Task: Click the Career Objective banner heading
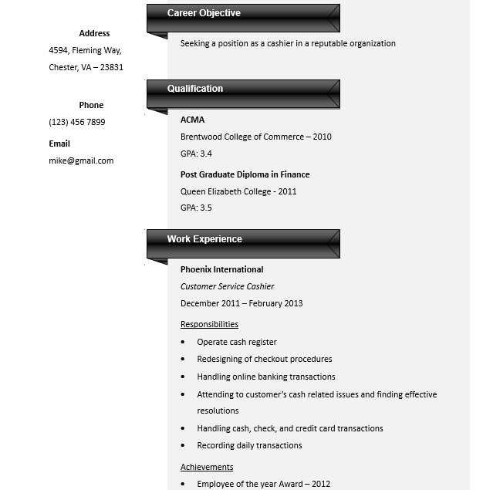[x=204, y=13]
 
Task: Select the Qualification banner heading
[x=195, y=89]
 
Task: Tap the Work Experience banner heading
[x=204, y=239]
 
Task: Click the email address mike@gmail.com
[x=81, y=161]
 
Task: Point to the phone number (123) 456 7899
[x=77, y=122]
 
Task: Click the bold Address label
[x=94, y=33]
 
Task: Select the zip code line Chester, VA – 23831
[x=86, y=67]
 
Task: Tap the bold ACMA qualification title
[x=192, y=120]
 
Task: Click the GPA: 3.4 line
[x=196, y=154]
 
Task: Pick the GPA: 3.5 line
[x=196, y=208]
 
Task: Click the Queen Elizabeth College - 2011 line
[x=238, y=191]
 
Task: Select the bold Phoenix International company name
[x=221, y=269]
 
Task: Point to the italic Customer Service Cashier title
[x=227, y=286]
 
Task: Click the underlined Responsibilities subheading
[x=209, y=324]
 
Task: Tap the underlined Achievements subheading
[x=207, y=467]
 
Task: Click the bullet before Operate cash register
[x=183, y=342]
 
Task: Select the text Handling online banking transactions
[x=265, y=377]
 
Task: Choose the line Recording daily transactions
[x=249, y=445]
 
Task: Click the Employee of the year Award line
[x=263, y=484]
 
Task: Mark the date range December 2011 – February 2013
[x=241, y=303]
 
